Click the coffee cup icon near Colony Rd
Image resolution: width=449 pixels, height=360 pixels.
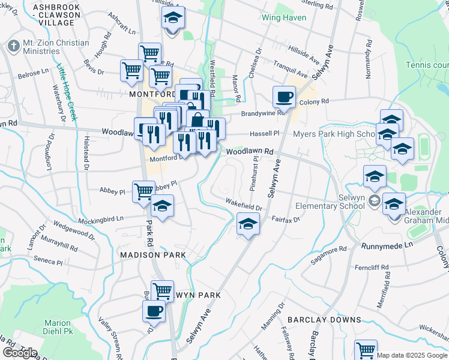tap(284, 97)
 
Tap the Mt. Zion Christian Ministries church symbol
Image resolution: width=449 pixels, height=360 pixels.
tap(13, 46)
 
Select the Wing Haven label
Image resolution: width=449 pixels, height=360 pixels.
tap(284, 17)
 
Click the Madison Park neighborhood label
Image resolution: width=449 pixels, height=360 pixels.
tap(152, 255)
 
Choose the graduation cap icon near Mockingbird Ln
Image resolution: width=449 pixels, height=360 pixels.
tap(162, 206)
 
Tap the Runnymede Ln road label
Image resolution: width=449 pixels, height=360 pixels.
tap(388, 245)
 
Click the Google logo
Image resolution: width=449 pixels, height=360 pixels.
tap(19, 352)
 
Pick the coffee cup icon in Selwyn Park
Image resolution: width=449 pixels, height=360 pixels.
tap(153, 311)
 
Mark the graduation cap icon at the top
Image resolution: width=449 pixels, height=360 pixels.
tap(173, 19)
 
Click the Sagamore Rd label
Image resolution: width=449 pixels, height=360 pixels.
tap(328, 254)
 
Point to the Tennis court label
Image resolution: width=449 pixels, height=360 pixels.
tap(427, 65)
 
